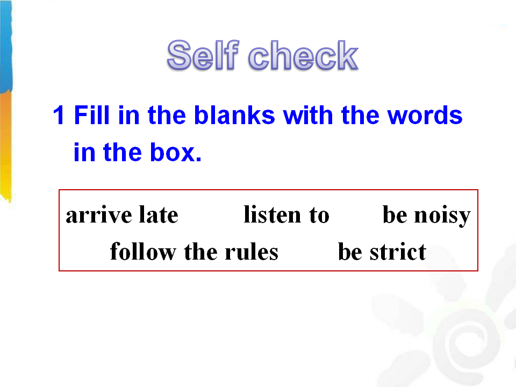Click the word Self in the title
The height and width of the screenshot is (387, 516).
coord(203,55)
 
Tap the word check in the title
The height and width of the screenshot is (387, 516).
coord(303,55)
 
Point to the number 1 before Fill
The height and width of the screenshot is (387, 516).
coord(59,116)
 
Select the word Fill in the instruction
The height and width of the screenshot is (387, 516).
coord(91,115)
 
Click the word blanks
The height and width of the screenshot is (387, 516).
coord(234,115)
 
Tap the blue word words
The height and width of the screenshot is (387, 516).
coord(425,116)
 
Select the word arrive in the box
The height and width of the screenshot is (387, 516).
coord(99,215)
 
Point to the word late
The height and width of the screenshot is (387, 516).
coord(159,214)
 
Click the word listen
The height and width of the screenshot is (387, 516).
coord(272,214)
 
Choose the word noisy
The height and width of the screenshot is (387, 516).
coord(442,216)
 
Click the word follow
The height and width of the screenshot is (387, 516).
coord(143,252)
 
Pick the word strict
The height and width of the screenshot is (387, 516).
coord(398,252)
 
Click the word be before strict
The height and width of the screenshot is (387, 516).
coord(350,252)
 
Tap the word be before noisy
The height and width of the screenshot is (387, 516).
coord(395,214)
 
